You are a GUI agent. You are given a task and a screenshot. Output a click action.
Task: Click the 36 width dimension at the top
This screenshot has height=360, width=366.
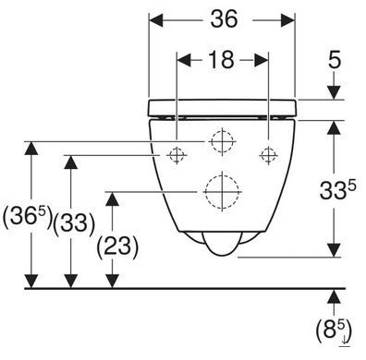click(224, 19)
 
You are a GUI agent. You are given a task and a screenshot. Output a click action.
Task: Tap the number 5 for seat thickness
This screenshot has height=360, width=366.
click(335, 60)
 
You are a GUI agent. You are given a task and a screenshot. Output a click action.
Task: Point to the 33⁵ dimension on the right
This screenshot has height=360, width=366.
click(337, 190)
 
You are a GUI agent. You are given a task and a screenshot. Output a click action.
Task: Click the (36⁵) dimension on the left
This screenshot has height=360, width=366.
click(27, 218)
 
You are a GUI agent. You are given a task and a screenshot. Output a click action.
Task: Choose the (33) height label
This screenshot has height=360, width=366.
click(74, 223)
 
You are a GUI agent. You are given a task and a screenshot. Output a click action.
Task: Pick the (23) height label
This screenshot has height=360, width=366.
click(117, 246)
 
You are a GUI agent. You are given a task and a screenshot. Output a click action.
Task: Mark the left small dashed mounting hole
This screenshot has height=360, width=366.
click(177, 155)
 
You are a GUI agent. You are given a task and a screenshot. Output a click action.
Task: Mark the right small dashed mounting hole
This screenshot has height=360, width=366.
click(269, 155)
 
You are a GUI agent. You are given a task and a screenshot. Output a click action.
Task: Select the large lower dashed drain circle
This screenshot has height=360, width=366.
click(222, 191)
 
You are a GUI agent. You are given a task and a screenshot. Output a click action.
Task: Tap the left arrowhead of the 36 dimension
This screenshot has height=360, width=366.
click(156, 19)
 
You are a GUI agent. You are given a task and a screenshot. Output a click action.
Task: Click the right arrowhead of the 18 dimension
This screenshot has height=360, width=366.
click(261, 60)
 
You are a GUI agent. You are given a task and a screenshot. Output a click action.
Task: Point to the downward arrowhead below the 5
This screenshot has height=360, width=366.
click(334, 92)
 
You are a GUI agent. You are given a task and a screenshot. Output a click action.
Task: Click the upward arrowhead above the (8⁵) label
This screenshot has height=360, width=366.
click(334, 296)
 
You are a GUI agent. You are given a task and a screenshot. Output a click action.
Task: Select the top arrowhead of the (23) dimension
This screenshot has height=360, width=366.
click(113, 199)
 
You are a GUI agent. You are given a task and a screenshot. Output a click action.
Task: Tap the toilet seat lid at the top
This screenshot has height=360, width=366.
click(222, 108)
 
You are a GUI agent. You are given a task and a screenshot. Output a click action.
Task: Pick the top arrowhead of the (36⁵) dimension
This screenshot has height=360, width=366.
click(30, 149)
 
